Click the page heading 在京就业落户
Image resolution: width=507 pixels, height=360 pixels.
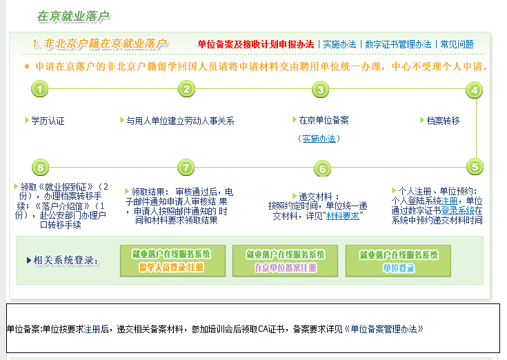pos(73,16)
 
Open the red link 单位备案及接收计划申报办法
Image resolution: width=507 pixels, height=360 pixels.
pos(255,44)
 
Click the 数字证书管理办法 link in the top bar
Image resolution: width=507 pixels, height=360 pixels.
pos(398,44)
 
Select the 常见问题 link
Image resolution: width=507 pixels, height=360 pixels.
pos(457,44)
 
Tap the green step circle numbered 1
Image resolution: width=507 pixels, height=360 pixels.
pos(41,89)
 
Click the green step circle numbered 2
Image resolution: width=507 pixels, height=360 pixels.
pos(186,89)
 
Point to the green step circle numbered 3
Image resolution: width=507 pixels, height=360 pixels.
pos(319,89)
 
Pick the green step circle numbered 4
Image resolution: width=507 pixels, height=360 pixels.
pos(474,90)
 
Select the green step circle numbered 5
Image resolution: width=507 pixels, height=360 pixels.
pos(474,167)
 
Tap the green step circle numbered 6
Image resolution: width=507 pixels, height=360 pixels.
pos(321,169)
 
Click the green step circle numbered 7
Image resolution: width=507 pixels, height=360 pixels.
pos(186,167)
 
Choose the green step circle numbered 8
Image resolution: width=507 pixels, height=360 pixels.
pos(41,167)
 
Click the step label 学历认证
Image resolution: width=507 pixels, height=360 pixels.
pos(48,121)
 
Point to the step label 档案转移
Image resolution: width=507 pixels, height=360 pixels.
pos(443,121)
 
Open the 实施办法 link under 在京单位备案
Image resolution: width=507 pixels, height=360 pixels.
pos(319,139)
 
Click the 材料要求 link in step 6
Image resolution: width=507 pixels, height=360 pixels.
pos(342,215)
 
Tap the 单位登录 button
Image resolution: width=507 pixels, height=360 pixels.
pos(399,261)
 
